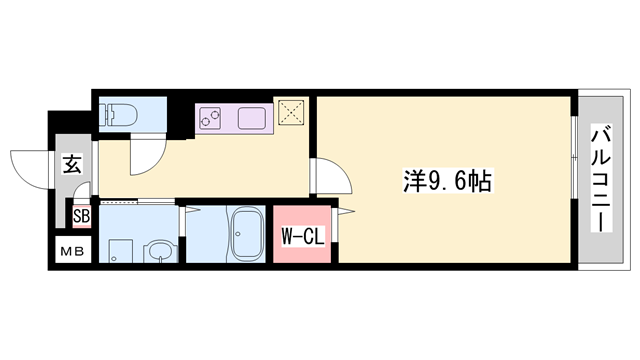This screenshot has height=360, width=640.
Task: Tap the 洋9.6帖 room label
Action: click(447, 181)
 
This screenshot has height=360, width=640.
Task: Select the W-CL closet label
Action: click(303, 236)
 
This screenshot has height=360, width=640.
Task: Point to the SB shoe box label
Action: click(81, 216)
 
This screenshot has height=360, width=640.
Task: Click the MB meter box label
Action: click(72, 251)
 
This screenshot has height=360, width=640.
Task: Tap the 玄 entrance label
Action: click(72, 164)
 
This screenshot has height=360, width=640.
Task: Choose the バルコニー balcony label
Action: click(601, 180)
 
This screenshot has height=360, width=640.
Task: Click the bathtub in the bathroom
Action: click(246, 235)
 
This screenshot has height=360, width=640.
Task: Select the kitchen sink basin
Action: click(252, 118)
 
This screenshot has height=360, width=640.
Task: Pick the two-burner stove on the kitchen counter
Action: click(210, 118)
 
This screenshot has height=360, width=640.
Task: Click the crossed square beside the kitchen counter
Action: click(291, 112)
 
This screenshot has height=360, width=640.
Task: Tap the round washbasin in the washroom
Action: click(161, 250)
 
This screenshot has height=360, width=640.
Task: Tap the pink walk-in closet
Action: click(302, 234)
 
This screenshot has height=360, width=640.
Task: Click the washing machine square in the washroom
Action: click(121, 251)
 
